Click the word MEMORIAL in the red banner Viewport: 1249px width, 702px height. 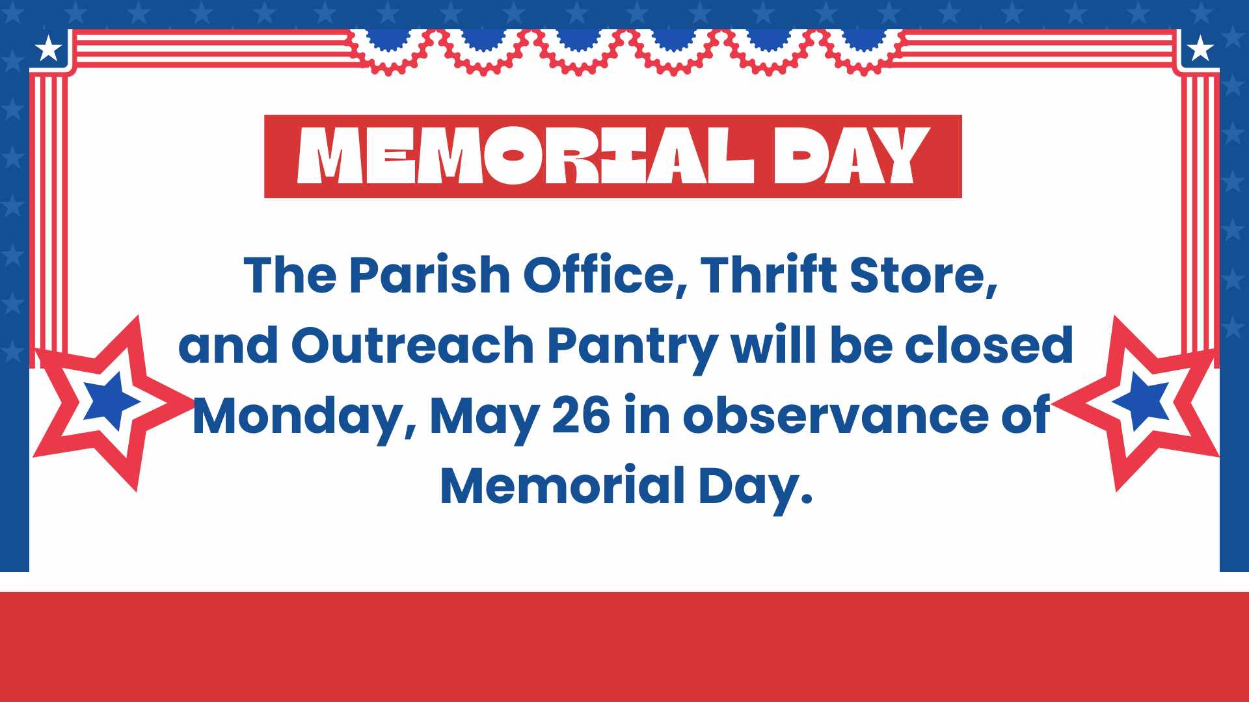coord(526,155)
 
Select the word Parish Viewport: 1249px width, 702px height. coord(429,275)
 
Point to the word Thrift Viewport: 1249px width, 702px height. coord(768,274)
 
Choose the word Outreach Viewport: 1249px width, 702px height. coord(412,345)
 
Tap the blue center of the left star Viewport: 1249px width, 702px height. coord(111,401)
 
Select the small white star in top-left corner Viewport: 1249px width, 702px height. coord(48,49)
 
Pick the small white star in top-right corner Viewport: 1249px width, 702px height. coord(1200,49)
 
